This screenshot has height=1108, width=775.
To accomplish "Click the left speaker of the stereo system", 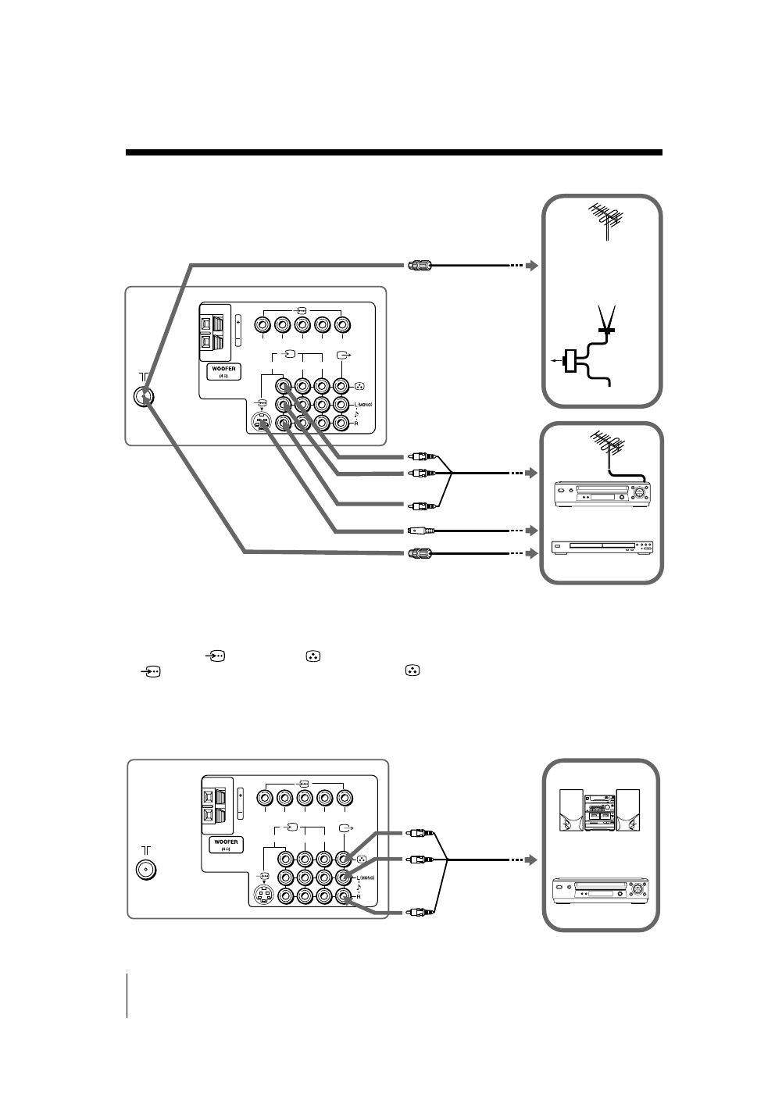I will coord(572,810).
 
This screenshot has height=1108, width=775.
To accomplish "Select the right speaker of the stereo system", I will coord(628,810).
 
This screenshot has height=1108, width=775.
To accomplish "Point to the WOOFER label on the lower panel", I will coord(223,844).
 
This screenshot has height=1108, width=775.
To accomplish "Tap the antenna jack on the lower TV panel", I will coord(145,870).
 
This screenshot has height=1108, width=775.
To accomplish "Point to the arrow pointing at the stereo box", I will coord(532,860).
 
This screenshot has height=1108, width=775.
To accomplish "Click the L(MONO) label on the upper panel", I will coord(363,404).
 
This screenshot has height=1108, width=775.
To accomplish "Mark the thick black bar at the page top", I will coord(394,152).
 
